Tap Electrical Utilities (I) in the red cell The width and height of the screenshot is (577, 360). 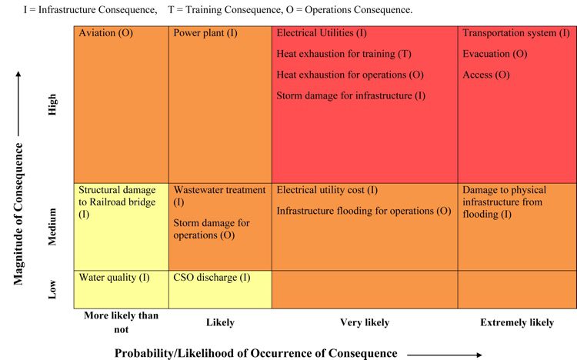(322, 34)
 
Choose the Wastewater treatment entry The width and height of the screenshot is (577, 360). (219, 195)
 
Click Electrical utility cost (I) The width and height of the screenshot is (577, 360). (327, 190)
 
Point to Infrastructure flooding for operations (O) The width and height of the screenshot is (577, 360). (363, 211)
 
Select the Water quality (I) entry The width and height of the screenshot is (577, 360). (114, 278)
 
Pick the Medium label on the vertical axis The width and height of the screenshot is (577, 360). (53, 227)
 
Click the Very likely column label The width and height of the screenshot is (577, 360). (365, 323)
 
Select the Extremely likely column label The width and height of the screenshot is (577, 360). (516, 323)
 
